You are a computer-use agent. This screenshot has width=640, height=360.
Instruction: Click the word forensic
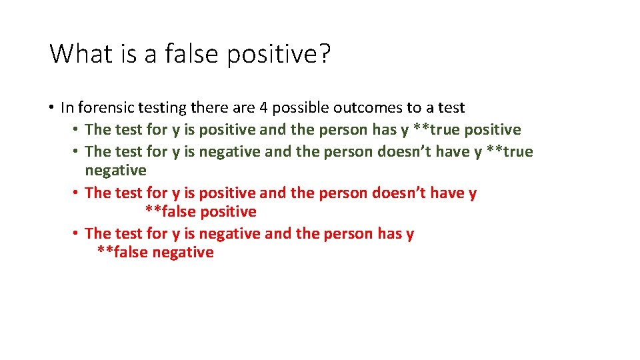pos(106,107)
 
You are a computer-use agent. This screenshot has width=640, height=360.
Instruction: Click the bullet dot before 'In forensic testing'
pos(51,107)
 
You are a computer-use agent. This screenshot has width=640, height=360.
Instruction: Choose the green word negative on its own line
pos(115,171)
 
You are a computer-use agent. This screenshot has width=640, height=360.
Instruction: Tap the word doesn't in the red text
pos(401,193)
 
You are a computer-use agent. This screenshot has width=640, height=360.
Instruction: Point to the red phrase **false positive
pos(201,212)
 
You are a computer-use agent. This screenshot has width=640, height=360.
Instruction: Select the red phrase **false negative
pos(155,253)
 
